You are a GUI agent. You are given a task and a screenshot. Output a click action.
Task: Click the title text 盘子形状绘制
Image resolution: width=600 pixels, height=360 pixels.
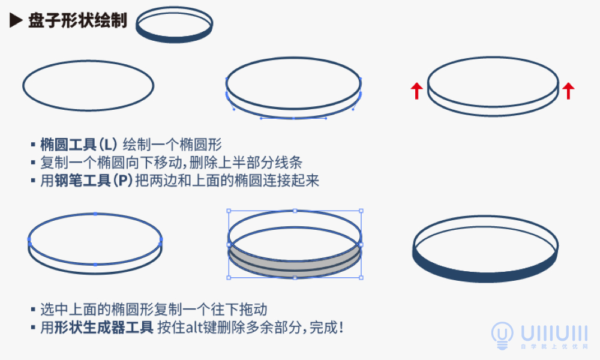pyautogui.click(x=77, y=21)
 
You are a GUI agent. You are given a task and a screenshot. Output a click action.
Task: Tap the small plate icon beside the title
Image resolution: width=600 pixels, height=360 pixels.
pyautogui.click(x=174, y=26)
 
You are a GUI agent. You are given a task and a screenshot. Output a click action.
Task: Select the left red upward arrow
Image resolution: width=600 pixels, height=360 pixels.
pyautogui.click(x=416, y=91)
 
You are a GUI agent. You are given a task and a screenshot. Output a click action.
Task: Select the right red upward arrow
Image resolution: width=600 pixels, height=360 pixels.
pyautogui.click(x=568, y=91)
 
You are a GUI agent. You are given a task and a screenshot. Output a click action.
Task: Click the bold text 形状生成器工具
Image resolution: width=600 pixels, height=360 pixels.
pyautogui.click(x=104, y=328)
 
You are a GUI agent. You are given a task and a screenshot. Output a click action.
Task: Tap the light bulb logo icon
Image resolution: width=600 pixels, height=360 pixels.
pyautogui.click(x=502, y=334)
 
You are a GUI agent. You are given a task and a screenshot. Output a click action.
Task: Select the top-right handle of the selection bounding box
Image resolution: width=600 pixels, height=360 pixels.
pyautogui.click(x=361, y=211)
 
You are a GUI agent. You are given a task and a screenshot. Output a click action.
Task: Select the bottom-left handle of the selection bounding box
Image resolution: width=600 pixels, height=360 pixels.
pyautogui.click(x=229, y=278)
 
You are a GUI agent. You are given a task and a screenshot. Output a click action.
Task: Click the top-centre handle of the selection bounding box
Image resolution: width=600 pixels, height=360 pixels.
pyautogui.click(x=295, y=211)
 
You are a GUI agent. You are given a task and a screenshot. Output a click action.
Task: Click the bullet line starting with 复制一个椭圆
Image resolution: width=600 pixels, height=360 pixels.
pyautogui.click(x=171, y=163)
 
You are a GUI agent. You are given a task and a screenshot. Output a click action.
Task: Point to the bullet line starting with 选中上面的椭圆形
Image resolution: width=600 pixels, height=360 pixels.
pyautogui.click(x=153, y=310)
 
